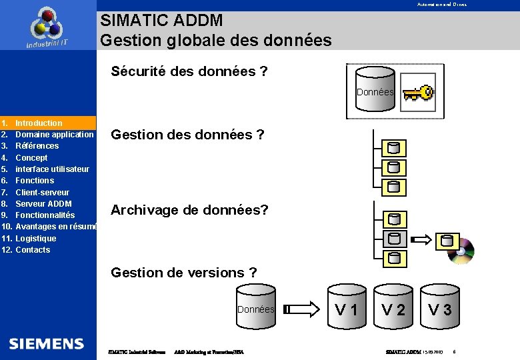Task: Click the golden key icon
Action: tap(417, 93)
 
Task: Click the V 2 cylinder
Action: tap(393, 307)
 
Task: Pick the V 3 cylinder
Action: tap(440, 307)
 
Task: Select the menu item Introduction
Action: tap(39, 123)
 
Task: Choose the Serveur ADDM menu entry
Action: tap(43, 203)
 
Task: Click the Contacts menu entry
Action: tap(33, 250)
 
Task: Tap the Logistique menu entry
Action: tap(36, 238)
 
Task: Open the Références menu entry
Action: tap(37, 146)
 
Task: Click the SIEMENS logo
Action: tap(47, 344)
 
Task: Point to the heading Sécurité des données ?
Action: tap(189, 71)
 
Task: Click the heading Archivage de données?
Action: tap(189, 210)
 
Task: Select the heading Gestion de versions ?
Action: tap(183, 272)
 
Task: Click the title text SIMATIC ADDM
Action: tap(161, 21)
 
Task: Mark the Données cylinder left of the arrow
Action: tap(256, 309)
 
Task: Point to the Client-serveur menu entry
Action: tap(42, 192)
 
